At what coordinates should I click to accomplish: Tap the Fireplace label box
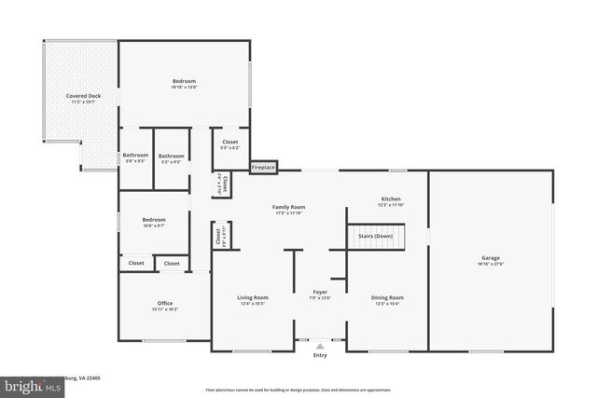point(263,167)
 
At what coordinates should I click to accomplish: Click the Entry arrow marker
point(320,344)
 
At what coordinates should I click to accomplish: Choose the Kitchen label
point(391,199)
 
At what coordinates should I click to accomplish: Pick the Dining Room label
point(389,297)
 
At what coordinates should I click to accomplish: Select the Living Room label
point(254,297)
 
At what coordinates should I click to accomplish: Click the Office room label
point(165,304)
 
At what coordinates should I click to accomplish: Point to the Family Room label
point(288,207)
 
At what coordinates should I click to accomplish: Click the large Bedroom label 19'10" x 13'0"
point(184,82)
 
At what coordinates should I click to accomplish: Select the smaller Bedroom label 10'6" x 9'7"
point(153,220)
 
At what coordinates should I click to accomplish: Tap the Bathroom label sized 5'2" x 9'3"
point(171,156)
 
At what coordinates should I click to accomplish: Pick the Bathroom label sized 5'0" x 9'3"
point(135,156)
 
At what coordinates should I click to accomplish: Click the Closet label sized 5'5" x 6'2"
point(229,142)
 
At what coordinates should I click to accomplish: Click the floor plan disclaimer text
point(297,390)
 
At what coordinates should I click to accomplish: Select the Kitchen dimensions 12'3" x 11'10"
point(391,205)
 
